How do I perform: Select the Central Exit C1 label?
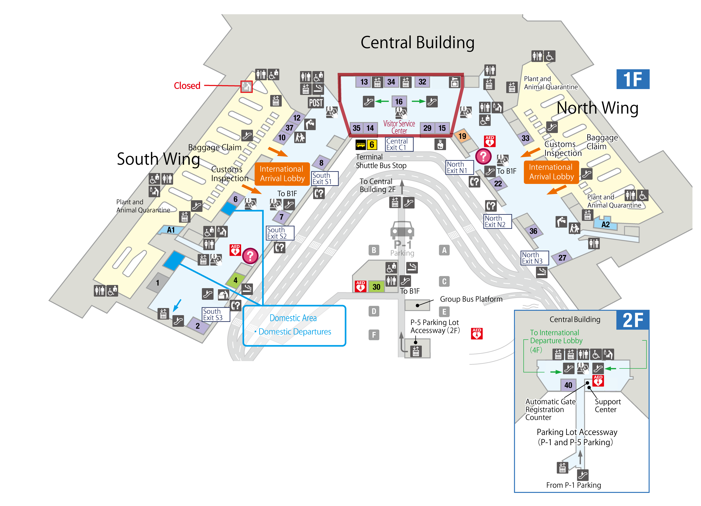[x=399, y=144]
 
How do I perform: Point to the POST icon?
[x=316, y=103]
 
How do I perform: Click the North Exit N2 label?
[x=497, y=221]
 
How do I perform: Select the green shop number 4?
[x=235, y=280]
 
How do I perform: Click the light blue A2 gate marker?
[x=605, y=225]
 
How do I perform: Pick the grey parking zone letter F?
[x=374, y=335]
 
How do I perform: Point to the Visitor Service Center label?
[x=399, y=127]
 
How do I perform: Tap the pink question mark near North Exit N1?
[x=483, y=156]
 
